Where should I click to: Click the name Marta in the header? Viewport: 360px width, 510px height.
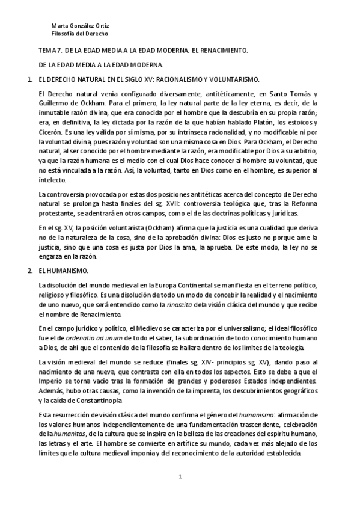59,26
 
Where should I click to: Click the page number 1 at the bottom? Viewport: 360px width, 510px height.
180,476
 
